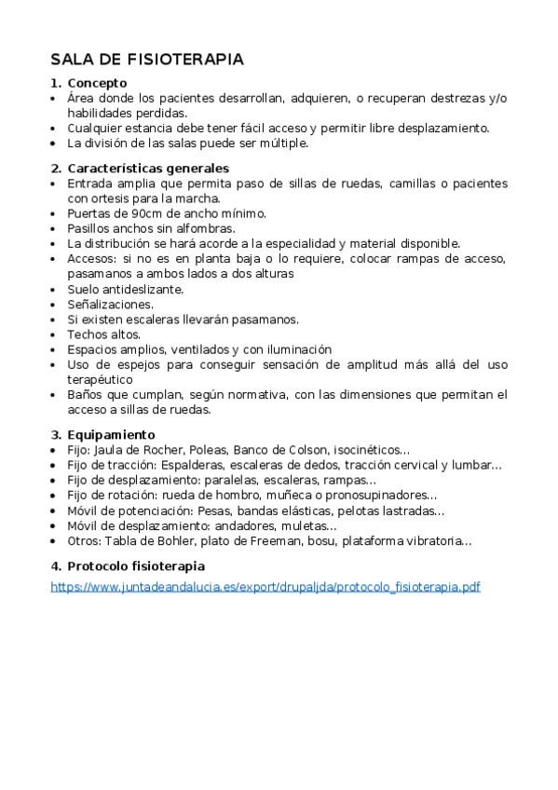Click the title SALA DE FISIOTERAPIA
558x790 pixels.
point(147,59)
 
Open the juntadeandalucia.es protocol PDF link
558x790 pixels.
point(265,587)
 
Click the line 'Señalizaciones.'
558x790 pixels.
point(110,304)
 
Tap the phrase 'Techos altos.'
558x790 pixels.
point(102,334)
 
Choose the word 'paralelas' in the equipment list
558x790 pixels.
point(219,480)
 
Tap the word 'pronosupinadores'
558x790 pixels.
point(379,495)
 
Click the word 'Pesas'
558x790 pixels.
point(210,510)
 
